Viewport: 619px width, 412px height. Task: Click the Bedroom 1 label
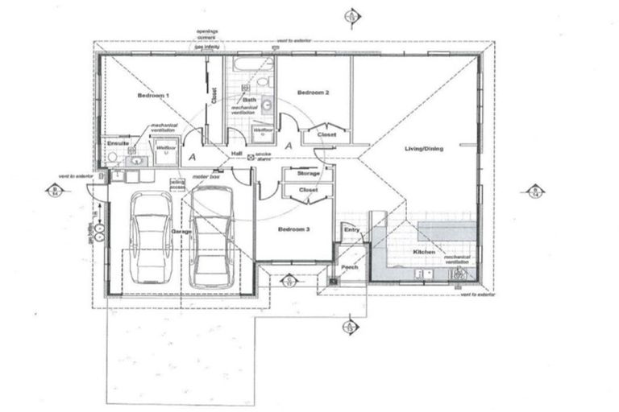[x=153, y=96]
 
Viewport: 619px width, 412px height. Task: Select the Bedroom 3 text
[x=293, y=229]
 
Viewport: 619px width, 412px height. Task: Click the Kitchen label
[x=424, y=253]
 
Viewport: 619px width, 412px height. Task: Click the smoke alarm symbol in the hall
[x=251, y=157]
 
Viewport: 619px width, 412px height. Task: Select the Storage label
[x=309, y=174]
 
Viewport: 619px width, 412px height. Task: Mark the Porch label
[x=350, y=267]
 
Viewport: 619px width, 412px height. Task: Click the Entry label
[x=351, y=230]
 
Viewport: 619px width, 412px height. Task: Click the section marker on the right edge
[x=533, y=191]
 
